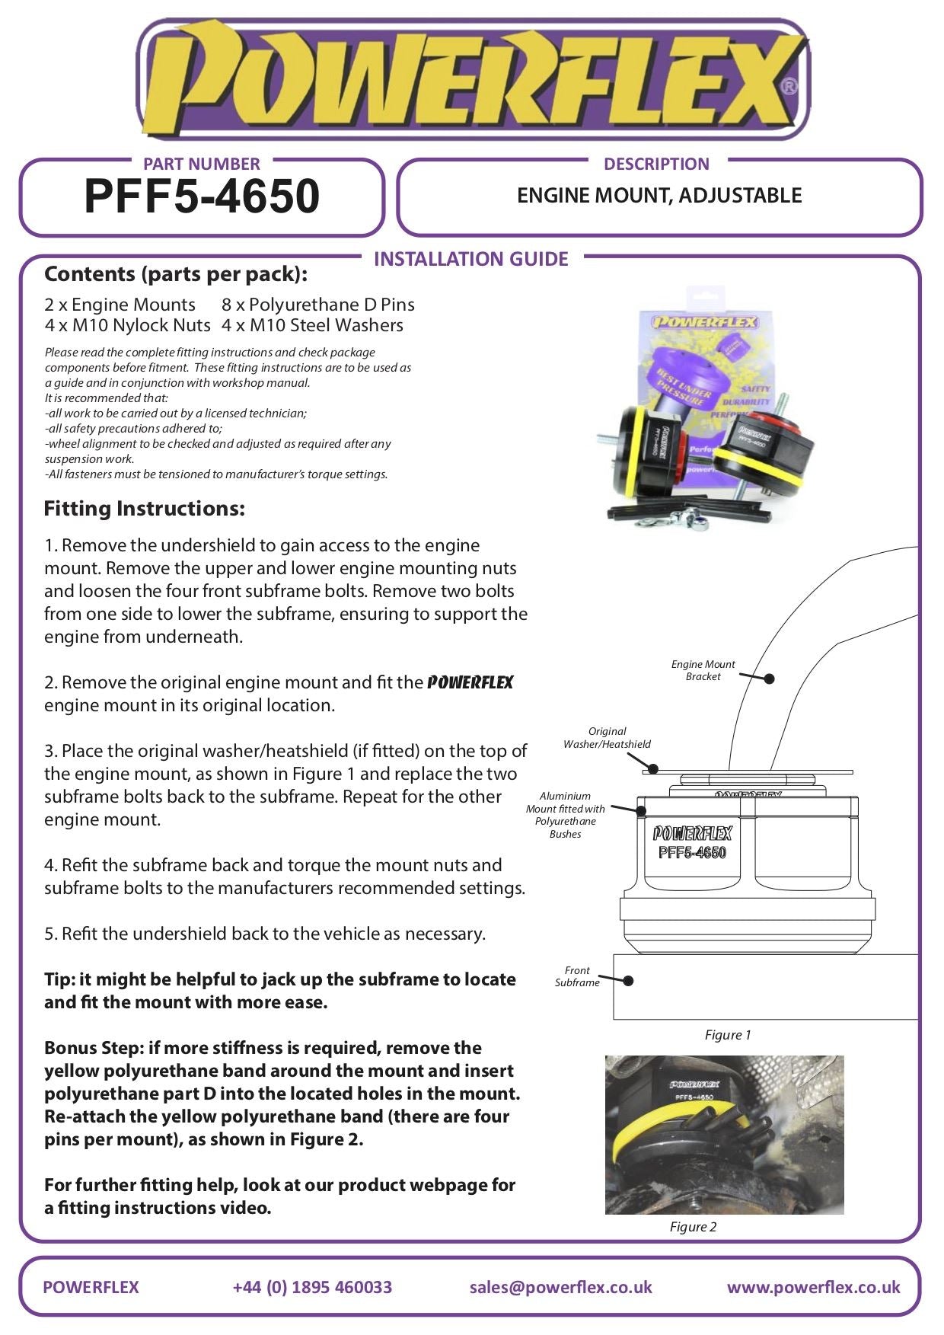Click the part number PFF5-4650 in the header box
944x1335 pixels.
[x=202, y=196]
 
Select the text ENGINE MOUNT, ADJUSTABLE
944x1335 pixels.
[x=659, y=196]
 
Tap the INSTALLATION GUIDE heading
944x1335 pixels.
[x=471, y=259]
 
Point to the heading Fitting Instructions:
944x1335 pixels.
[x=145, y=508]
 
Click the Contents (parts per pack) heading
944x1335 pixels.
[x=176, y=273]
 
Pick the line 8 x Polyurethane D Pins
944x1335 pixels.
[x=318, y=305]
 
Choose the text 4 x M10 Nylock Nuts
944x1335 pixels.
[x=127, y=325]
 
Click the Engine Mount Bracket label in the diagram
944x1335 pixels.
[x=703, y=670]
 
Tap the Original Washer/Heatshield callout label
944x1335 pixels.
[x=607, y=737]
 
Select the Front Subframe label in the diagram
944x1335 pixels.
[x=577, y=976]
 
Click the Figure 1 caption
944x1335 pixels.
[x=728, y=1034]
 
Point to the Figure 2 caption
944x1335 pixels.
[x=693, y=1226]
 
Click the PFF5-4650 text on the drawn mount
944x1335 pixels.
[x=692, y=853]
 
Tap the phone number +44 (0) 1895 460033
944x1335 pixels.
[x=312, y=1287]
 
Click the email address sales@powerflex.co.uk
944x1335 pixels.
[x=560, y=1287]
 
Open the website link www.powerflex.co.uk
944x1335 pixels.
[x=813, y=1287]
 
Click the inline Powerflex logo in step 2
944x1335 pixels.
[x=470, y=682]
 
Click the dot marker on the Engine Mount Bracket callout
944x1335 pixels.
[x=769, y=679]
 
